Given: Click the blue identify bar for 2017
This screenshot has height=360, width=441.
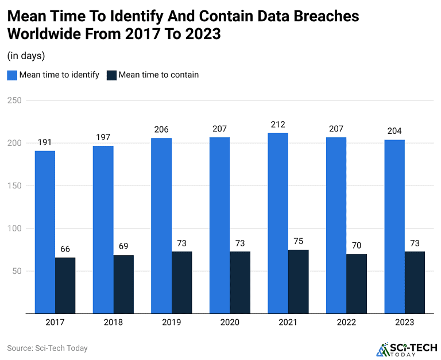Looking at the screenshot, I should point(45,232).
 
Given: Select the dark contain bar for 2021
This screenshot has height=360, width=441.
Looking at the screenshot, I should point(298,281).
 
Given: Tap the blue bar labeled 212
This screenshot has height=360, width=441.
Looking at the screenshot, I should point(278,223).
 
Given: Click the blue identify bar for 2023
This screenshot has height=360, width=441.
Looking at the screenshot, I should point(394,226).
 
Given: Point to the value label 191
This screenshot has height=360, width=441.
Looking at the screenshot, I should point(45,143).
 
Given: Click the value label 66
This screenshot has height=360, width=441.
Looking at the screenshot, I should point(65,250).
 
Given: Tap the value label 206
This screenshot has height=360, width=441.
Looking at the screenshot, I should point(161,130).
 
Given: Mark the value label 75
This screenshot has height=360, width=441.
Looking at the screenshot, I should point(298,242).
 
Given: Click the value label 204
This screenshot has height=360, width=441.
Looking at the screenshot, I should point(394,131).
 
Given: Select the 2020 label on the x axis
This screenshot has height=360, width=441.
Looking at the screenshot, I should point(230,323).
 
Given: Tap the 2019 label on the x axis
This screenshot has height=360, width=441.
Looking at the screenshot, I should point(172,323).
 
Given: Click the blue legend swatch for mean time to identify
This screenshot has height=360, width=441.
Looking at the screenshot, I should point(12,75).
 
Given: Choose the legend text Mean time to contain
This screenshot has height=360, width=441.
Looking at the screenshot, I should point(158,75).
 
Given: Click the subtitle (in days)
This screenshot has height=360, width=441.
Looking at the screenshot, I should point(26,56).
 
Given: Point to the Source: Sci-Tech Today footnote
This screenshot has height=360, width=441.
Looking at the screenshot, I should point(47,348).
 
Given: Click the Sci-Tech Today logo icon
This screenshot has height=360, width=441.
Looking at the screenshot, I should point(383,349).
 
